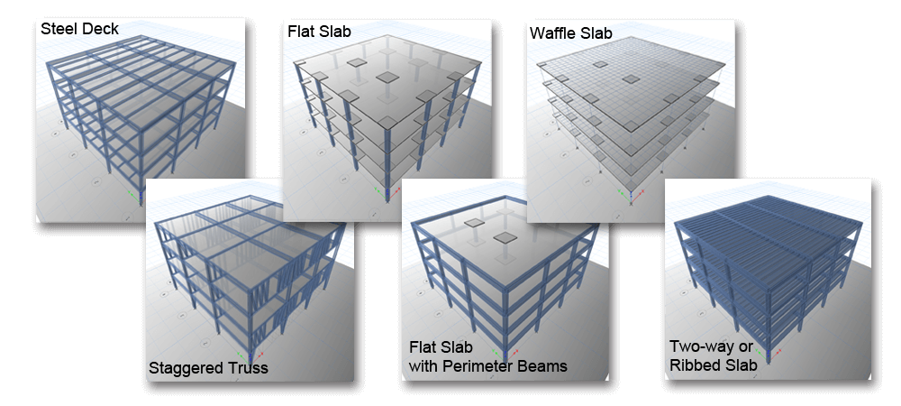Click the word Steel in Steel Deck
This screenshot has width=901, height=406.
point(58,29)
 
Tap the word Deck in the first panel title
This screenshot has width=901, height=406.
point(99,29)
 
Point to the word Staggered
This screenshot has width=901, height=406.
point(183,368)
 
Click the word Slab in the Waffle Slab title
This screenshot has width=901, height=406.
point(596,32)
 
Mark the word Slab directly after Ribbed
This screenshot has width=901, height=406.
point(738,364)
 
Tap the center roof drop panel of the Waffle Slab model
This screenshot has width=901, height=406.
point(631,78)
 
